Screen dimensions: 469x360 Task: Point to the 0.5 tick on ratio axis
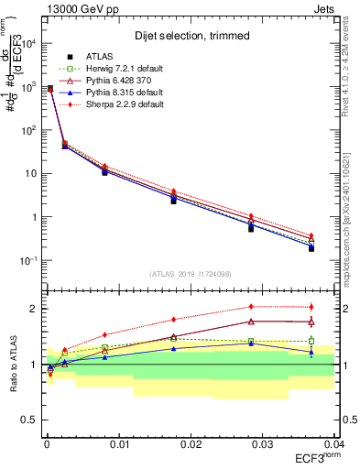(x=30, y=420)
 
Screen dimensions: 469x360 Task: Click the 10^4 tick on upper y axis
(x=27, y=43)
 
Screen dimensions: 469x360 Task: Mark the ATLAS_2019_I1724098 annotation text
(x=190, y=274)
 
